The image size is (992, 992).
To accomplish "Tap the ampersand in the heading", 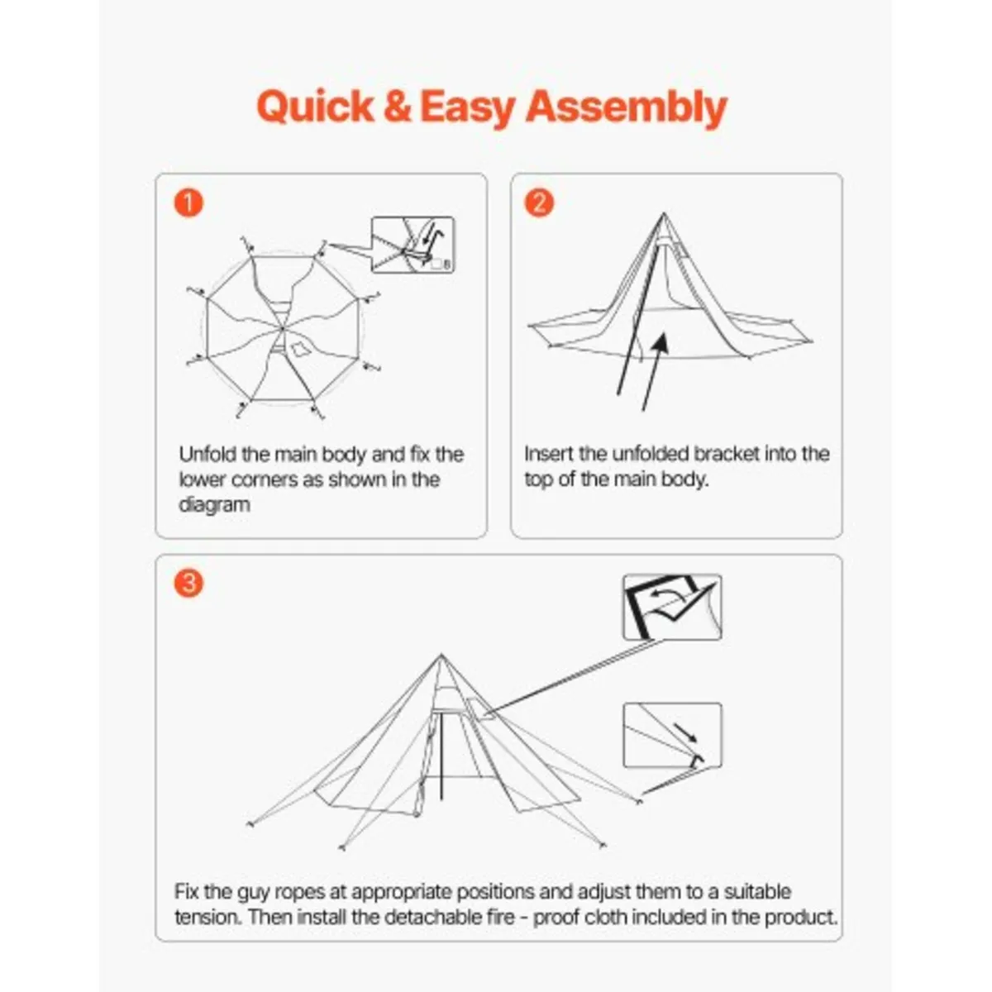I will click(x=398, y=107).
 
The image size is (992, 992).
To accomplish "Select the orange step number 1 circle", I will click(x=188, y=203).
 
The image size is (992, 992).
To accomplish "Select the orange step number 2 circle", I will click(x=539, y=203).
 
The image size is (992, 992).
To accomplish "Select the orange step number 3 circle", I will click(x=188, y=584).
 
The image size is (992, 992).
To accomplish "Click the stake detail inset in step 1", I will click(x=413, y=245).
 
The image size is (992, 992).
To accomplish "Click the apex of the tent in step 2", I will click(x=662, y=216).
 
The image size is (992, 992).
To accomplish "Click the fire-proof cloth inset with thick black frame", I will click(x=672, y=608).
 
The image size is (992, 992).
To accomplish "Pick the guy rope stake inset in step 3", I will click(x=672, y=736).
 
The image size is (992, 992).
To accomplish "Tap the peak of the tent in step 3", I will click(x=439, y=656).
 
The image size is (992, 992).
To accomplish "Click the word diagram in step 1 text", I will click(x=214, y=505).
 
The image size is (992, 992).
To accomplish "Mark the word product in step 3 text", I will click(x=799, y=918).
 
